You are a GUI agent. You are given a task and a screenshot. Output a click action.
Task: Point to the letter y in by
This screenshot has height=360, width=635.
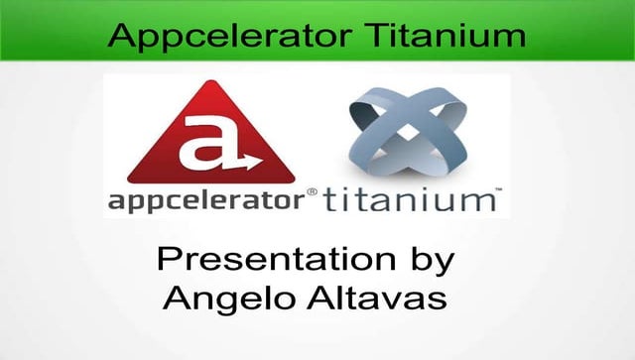pyautogui.click(x=444, y=268)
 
